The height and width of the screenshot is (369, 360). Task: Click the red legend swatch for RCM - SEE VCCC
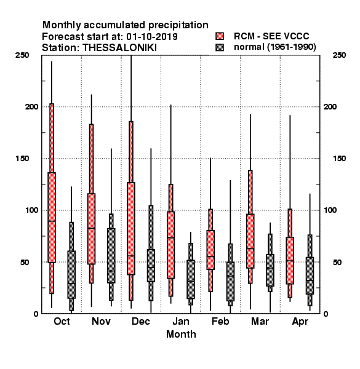220,36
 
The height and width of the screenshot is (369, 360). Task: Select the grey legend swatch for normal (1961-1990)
220,47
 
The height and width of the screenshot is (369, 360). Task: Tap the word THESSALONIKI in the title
119,48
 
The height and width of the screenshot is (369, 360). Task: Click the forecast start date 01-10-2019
152,37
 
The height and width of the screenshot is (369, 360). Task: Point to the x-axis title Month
181,334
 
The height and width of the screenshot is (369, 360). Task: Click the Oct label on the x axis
62,321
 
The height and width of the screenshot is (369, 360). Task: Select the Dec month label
141,321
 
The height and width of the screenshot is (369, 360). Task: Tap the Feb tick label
220,321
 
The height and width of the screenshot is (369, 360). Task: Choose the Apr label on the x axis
300,322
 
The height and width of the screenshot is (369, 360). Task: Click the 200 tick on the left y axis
31,106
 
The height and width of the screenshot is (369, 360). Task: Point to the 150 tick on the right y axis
339,159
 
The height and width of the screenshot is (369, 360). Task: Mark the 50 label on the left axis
25,262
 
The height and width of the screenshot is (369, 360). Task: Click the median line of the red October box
52,221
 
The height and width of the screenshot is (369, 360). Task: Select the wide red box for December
131,228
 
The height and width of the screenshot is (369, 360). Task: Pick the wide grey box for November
111,256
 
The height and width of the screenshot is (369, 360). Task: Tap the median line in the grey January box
191,281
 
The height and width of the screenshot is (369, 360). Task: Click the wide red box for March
250,241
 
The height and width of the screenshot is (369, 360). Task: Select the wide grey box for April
310,276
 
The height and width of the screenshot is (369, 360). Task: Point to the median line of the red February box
210,256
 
